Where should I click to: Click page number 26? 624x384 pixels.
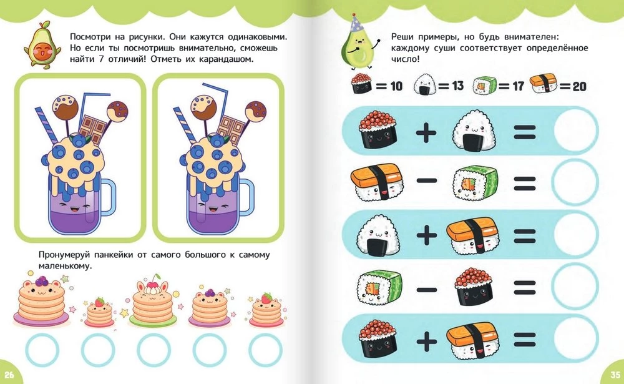coord(9,375)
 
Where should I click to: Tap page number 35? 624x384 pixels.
coord(615,375)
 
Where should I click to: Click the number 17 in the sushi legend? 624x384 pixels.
coord(518,86)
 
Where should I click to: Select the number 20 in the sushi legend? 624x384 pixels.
coord(580,86)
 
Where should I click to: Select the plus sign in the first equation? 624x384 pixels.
coord(426,132)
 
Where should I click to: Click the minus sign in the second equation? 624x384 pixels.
coord(427,181)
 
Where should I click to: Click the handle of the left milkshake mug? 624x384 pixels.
coord(107,197)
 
